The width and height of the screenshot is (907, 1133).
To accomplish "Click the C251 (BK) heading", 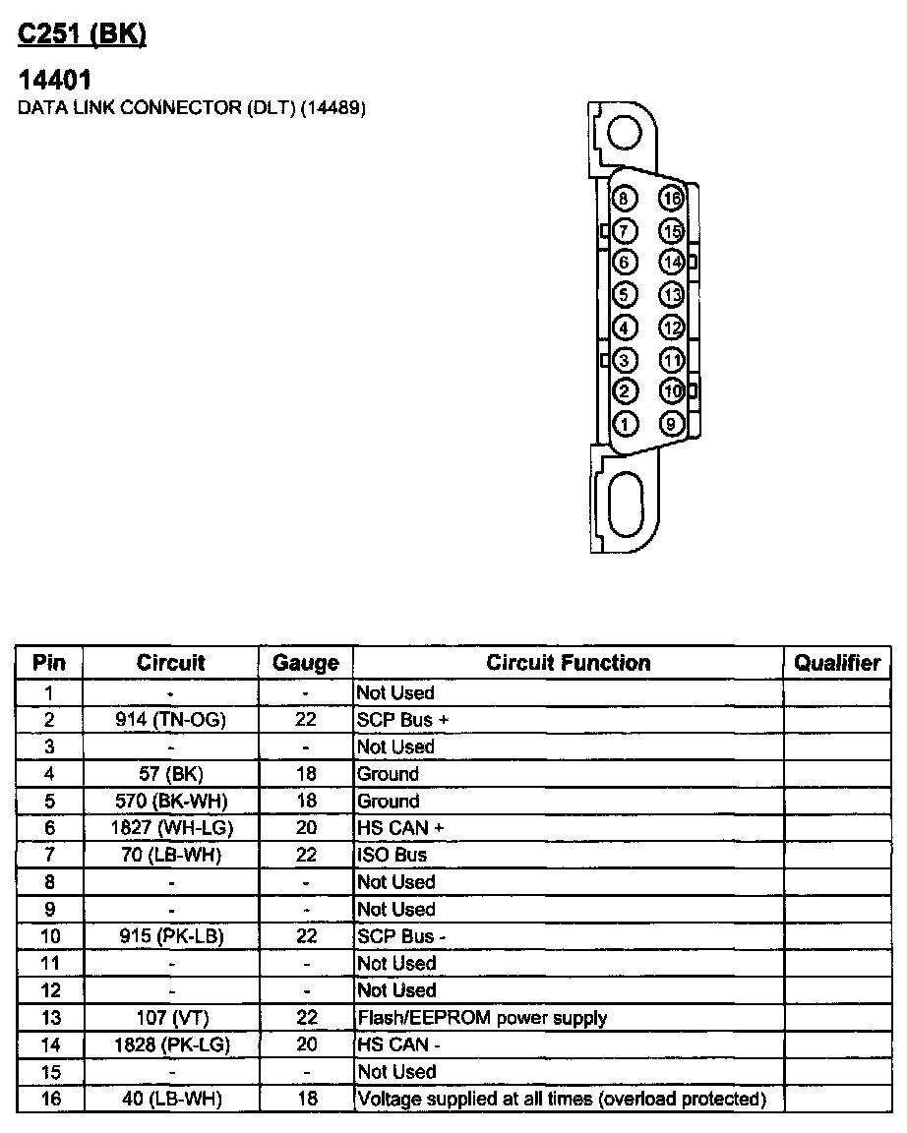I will coord(83,35).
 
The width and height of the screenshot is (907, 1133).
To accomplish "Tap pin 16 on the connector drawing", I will coord(672,200).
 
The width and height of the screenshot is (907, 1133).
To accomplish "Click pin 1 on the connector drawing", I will coord(625,424).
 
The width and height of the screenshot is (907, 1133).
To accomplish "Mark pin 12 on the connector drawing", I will coord(672,328).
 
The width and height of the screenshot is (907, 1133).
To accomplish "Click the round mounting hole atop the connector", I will coord(626,132).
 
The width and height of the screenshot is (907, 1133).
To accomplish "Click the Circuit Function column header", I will coord(569,663).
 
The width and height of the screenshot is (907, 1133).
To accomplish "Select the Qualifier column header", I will coord(837,663).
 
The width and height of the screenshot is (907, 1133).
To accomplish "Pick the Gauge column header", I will coord(306,663).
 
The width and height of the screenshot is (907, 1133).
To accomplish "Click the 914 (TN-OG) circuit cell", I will coord(171,720).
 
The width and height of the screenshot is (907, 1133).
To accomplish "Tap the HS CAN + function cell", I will coord(401,828).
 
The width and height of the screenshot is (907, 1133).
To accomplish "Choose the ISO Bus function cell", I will coord(393,856).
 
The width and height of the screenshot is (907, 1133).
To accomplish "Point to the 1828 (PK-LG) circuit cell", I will coord(171,1044).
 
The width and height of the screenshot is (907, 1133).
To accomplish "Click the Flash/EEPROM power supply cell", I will coord(482,1018).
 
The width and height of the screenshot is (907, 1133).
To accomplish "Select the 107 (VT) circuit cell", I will coord(171,1018).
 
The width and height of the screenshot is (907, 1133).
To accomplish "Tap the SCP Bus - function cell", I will coord(402,936).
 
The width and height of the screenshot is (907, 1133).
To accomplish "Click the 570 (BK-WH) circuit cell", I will coord(171,802).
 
